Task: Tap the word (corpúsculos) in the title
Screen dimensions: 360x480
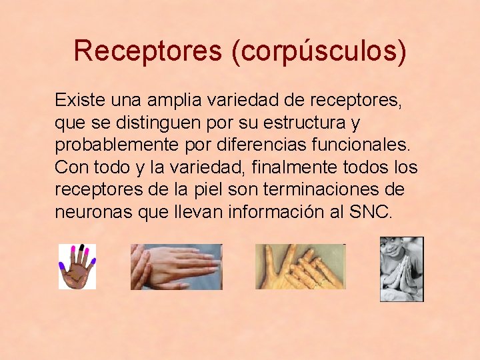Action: pos(319,52)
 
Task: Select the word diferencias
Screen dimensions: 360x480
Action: pos(254,145)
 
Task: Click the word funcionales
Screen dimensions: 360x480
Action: pos(363,145)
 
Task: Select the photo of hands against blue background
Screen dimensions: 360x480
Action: pos(176,267)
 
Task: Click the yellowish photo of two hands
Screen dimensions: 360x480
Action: pos(301,267)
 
